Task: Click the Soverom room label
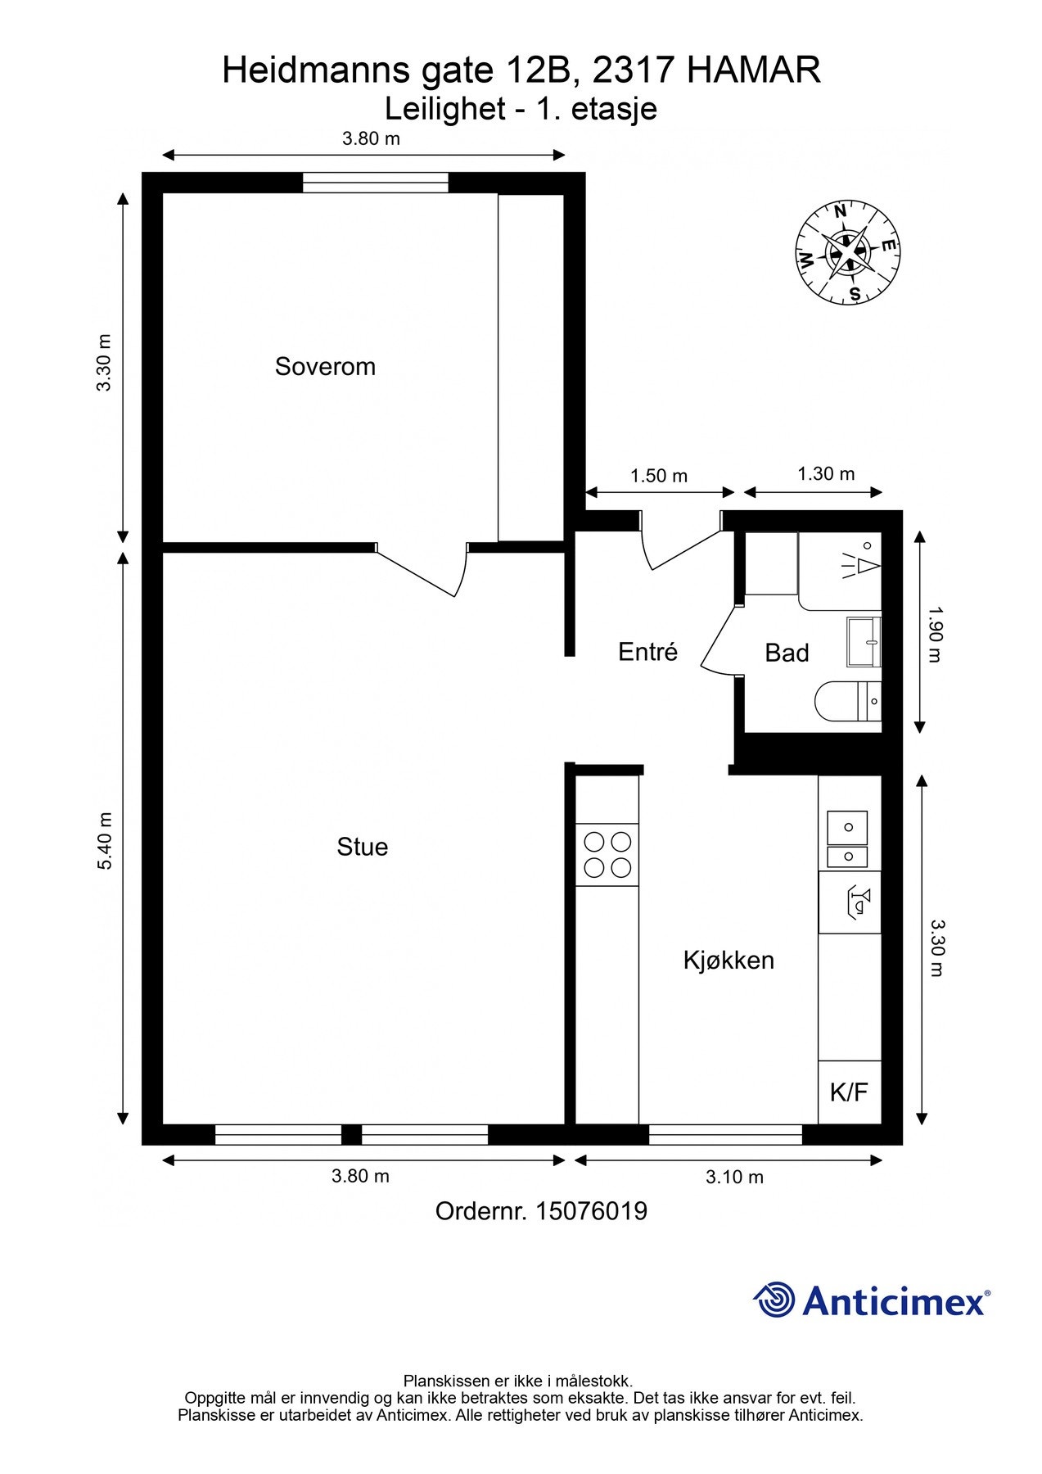(325, 366)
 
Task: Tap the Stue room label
(362, 847)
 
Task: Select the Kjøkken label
(728, 960)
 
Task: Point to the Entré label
(648, 652)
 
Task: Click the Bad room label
(787, 653)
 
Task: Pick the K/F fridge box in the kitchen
(850, 1092)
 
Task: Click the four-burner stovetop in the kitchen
(607, 854)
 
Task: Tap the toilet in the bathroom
(848, 702)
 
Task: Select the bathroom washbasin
(864, 642)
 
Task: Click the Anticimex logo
(872, 1300)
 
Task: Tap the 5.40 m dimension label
(105, 841)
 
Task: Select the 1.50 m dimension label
(659, 476)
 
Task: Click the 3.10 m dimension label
(734, 1177)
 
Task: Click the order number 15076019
(591, 1211)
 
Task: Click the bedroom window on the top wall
(376, 183)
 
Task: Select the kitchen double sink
(848, 839)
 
